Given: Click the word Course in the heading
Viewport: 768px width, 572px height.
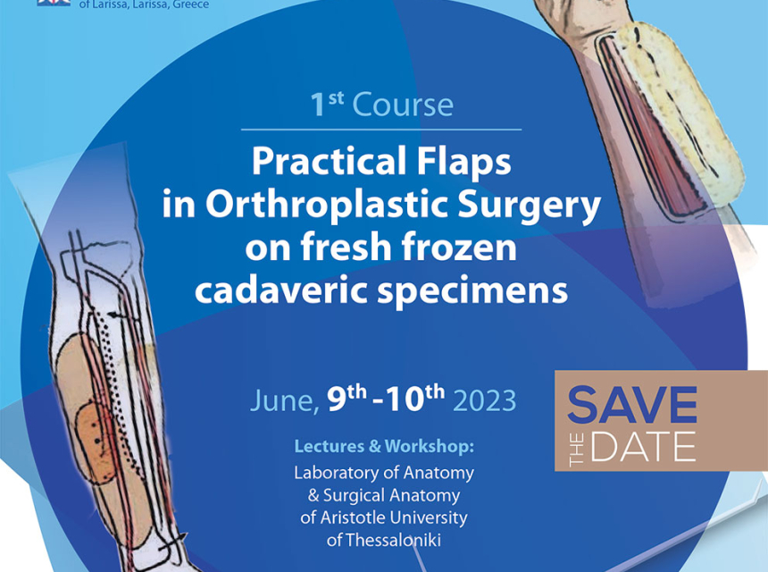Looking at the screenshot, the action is [x=403, y=105].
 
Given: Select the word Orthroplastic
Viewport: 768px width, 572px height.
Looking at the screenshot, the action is [x=326, y=204].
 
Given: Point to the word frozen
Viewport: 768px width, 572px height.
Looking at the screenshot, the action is [x=459, y=247].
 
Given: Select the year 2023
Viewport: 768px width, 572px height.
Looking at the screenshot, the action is [x=484, y=401].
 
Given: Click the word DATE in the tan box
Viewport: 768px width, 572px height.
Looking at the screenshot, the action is [x=643, y=447].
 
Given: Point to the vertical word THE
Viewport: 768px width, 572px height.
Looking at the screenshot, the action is [x=577, y=450].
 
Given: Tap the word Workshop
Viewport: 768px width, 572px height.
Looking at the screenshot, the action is [x=429, y=447].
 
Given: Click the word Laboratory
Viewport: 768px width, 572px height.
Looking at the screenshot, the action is [x=336, y=474].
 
